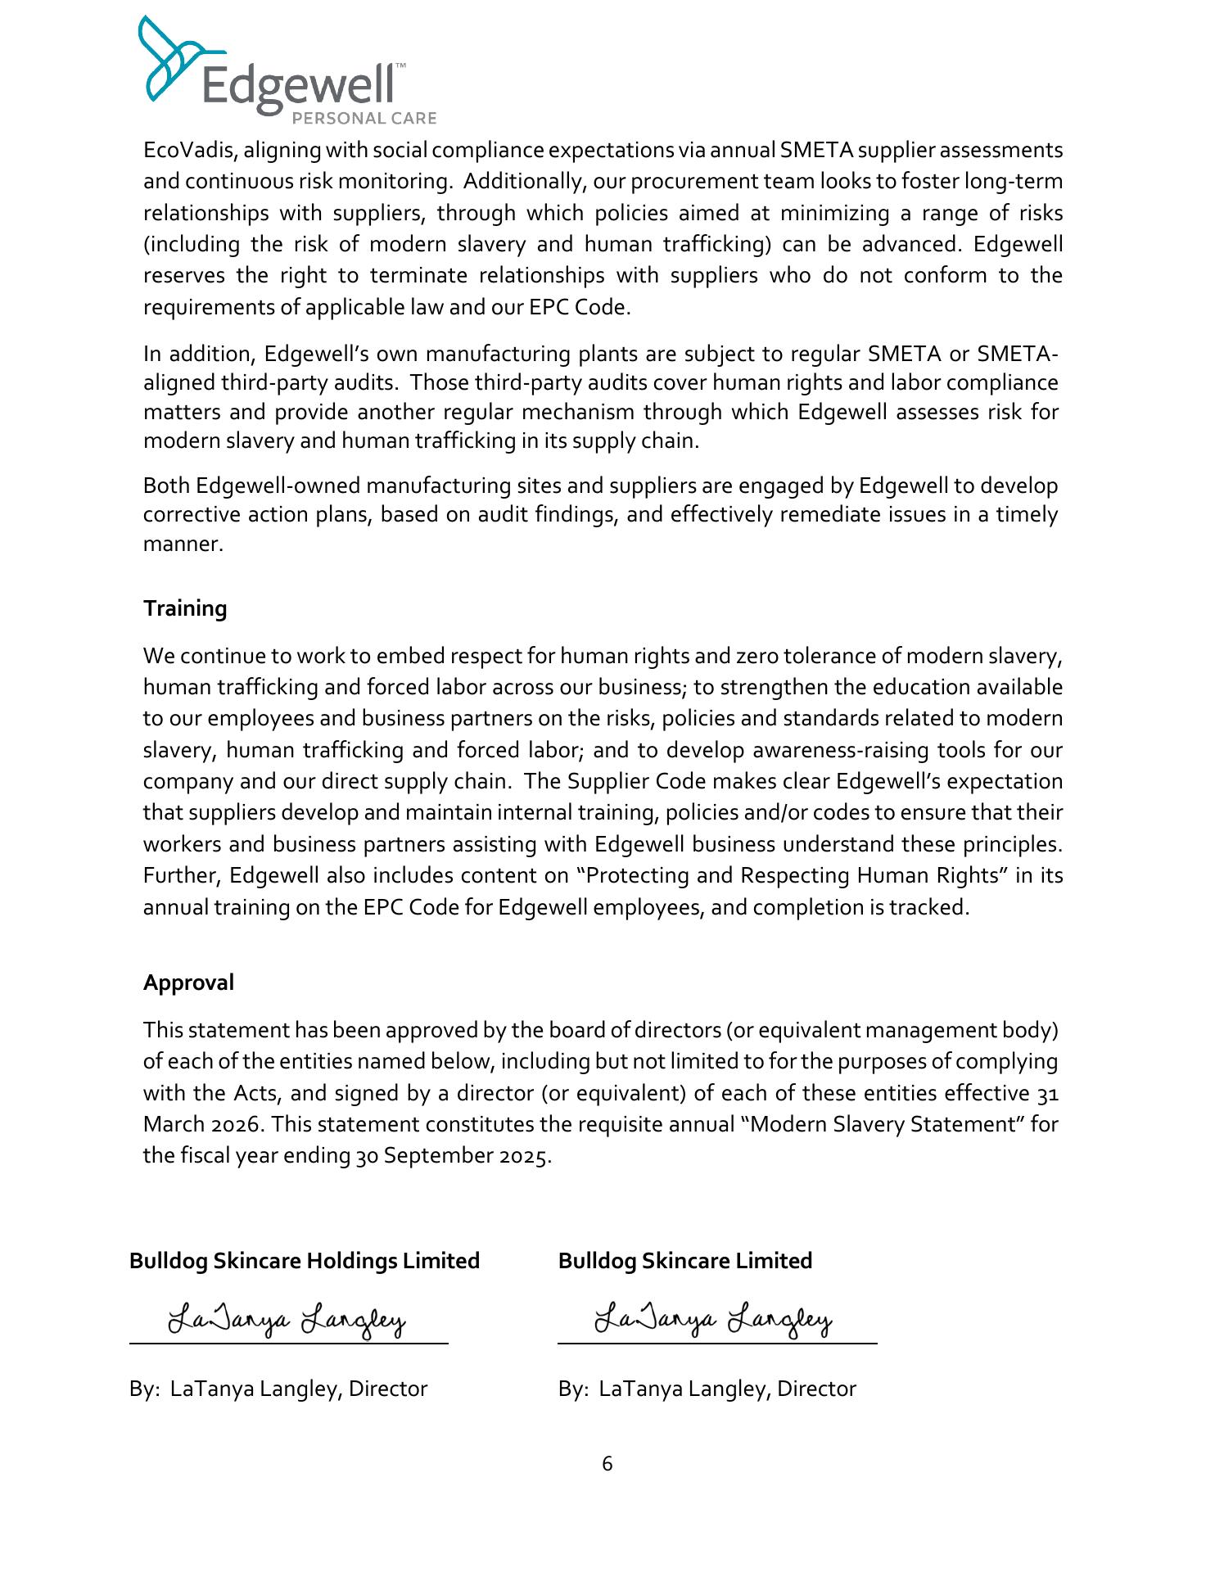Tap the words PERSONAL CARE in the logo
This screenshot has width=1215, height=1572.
pyautogui.click(x=364, y=118)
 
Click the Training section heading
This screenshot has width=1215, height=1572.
pyautogui.click(x=185, y=608)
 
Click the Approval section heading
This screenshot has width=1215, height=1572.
pyautogui.click(x=188, y=982)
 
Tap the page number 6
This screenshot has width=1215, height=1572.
pyautogui.click(x=607, y=1463)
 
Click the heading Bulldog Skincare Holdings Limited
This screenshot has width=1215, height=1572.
pyautogui.click(x=304, y=1261)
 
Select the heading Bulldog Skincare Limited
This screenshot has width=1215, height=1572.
pyautogui.click(x=684, y=1261)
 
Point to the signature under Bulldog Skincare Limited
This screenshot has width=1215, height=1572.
pyautogui.click(x=713, y=1321)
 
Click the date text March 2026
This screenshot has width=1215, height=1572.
pyautogui.click(x=203, y=1125)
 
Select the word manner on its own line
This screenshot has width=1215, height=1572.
pyautogui.click(x=183, y=544)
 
